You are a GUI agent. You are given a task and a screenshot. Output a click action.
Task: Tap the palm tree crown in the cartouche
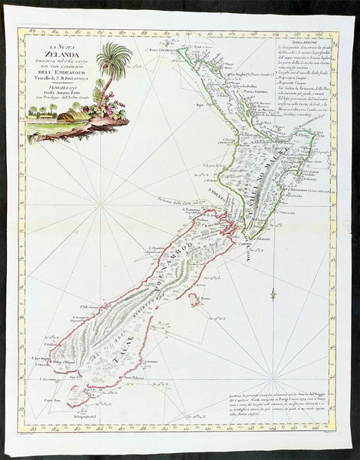pyautogui.click(x=115, y=57)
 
